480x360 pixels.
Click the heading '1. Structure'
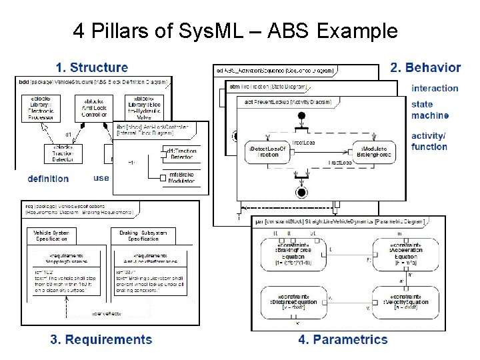(x=91, y=67)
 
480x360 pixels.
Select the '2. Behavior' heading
(x=425, y=67)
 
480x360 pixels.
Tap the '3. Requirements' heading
(x=101, y=339)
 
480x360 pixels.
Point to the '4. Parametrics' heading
(x=343, y=339)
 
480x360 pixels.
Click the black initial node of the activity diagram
(x=301, y=116)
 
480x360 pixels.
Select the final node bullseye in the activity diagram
(x=301, y=193)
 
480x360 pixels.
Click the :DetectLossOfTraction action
(x=267, y=151)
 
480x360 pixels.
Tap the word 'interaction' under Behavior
(x=435, y=88)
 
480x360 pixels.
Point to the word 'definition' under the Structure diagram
(x=48, y=179)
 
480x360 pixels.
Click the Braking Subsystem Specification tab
(x=143, y=235)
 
